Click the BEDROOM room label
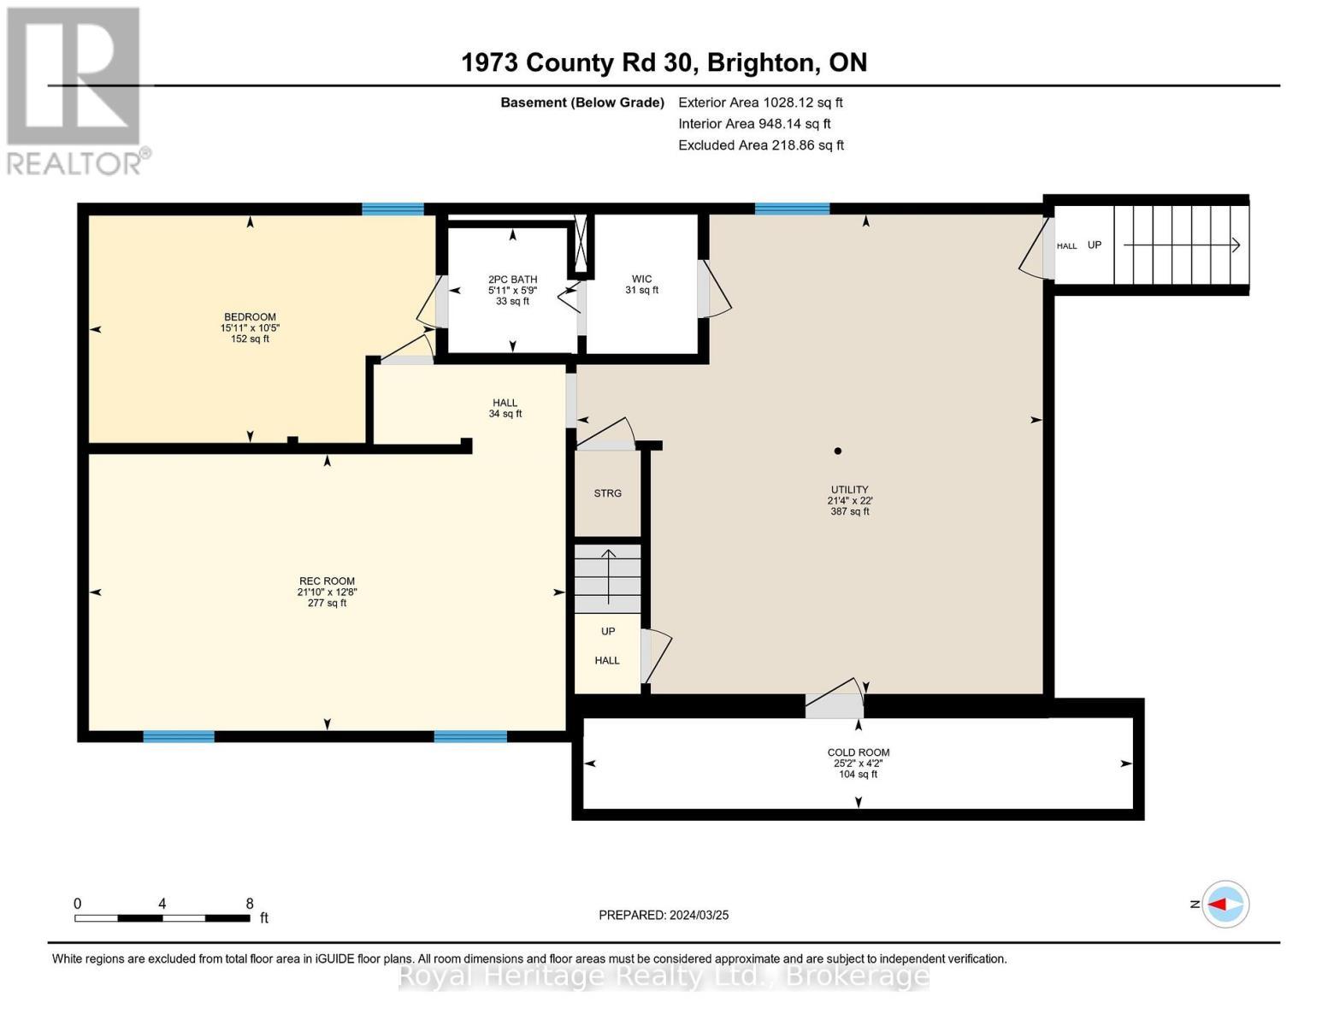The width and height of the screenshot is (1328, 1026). (x=250, y=316)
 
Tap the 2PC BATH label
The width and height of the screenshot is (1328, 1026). (x=512, y=280)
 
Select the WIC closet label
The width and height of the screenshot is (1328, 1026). (x=641, y=279)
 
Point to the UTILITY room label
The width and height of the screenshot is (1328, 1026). (x=849, y=489)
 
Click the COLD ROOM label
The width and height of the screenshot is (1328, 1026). (x=858, y=752)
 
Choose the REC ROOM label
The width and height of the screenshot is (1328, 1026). (x=327, y=581)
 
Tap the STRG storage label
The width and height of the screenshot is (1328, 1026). (x=607, y=493)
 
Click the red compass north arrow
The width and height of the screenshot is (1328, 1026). (x=1217, y=904)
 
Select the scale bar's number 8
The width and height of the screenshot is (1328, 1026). (x=250, y=903)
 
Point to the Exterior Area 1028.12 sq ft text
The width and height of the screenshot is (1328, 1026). (x=760, y=103)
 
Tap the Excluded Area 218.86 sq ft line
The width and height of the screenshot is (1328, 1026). (x=761, y=145)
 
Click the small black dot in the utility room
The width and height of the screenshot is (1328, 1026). (x=838, y=451)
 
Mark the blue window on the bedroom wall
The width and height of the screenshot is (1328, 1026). (x=392, y=209)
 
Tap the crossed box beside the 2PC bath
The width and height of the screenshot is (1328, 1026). (x=580, y=245)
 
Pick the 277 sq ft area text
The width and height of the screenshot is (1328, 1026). (x=327, y=603)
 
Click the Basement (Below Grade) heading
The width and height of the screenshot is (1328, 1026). (x=581, y=103)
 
